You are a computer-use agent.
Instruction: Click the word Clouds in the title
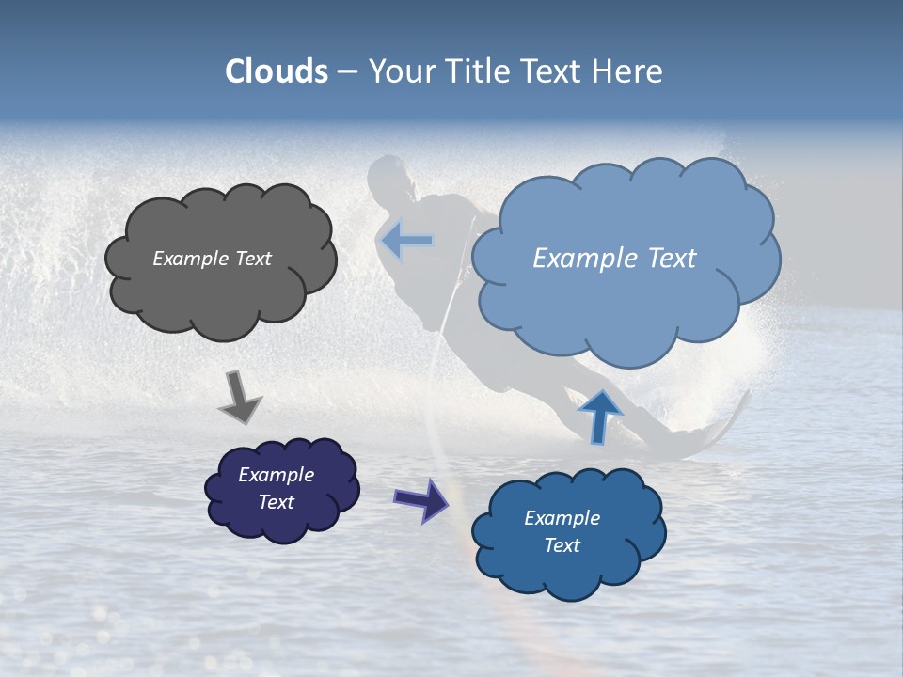tap(277, 71)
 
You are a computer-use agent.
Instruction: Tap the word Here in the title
tap(629, 71)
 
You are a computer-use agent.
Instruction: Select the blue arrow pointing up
tap(600, 415)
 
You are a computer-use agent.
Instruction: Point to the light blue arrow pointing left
tap(406, 241)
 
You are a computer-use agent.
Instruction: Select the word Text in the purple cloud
tap(277, 502)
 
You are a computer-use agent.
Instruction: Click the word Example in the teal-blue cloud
tap(562, 518)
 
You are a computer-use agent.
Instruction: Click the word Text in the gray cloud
tap(252, 259)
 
